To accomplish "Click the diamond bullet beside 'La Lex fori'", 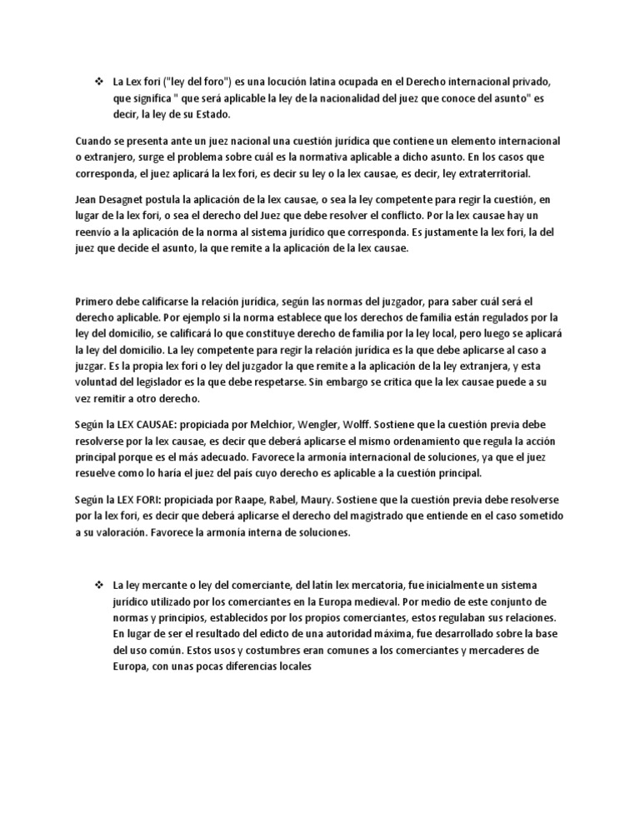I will pos(97,82).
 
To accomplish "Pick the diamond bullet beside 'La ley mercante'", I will pos(97,586).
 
